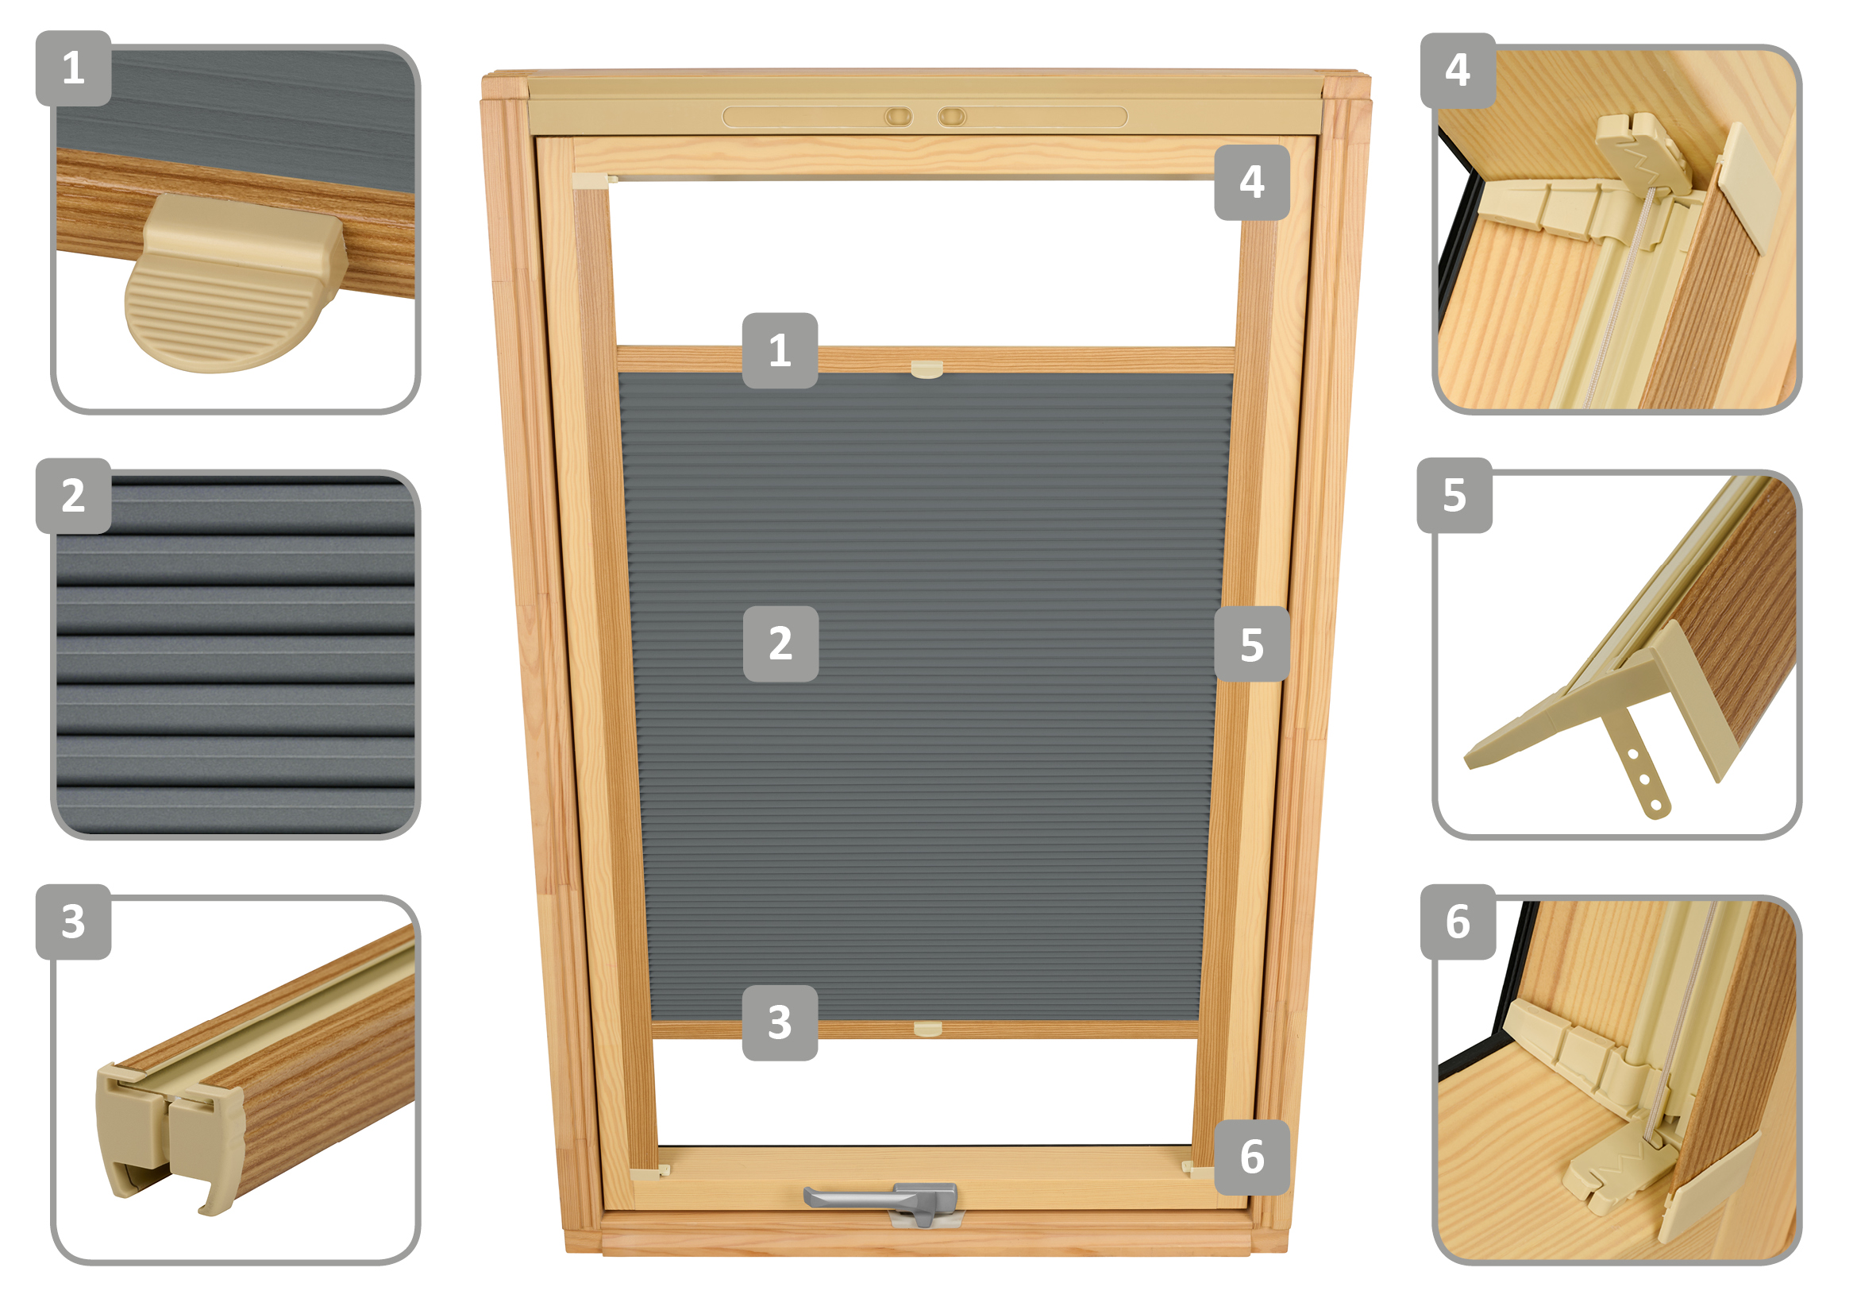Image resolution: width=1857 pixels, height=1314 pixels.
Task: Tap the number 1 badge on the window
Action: [780, 350]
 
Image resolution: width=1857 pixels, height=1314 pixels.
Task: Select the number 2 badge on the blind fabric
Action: [780, 644]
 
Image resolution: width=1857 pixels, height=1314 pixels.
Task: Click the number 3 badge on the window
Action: [780, 1022]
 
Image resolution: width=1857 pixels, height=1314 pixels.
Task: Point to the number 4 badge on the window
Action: [1252, 182]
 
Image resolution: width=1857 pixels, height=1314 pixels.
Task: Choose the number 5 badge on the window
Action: [1252, 644]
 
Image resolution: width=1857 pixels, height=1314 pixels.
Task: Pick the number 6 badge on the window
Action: [1252, 1157]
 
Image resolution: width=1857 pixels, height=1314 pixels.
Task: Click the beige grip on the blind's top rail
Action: [927, 369]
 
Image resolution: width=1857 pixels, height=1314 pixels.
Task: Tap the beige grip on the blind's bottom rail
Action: [927, 1028]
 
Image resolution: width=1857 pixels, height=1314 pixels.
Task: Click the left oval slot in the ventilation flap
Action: [899, 117]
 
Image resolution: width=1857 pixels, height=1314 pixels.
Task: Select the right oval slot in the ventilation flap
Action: [952, 117]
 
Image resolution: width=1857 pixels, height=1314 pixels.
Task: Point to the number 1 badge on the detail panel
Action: [74, 68]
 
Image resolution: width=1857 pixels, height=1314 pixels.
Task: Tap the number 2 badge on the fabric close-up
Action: [74, 496]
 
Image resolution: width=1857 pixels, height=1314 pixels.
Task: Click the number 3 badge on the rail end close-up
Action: [74, 922]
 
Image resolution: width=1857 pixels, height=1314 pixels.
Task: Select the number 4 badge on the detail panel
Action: [1458, 71]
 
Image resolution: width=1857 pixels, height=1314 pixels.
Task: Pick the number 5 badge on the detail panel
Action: [1454, 495]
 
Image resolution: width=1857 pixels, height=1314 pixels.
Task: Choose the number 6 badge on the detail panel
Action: [1458, 922]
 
